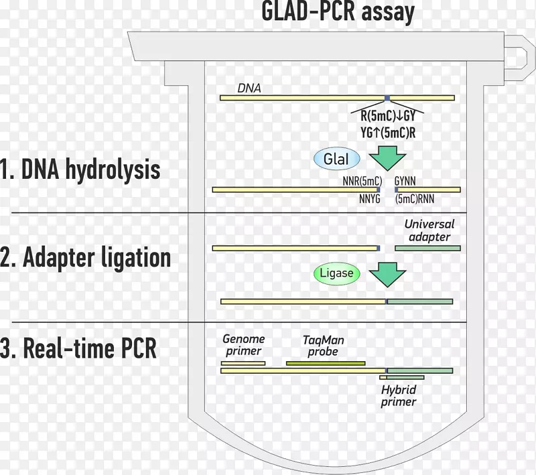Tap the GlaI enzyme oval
336,159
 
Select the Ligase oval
336,273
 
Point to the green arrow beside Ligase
388,273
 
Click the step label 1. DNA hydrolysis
80,169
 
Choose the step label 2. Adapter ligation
86,258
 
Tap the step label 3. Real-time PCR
78,348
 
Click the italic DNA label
249,88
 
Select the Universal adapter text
429,230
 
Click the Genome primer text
243,345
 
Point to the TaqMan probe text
324,345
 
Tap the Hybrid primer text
399,396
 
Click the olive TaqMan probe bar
326,363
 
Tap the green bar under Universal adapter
427,248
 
